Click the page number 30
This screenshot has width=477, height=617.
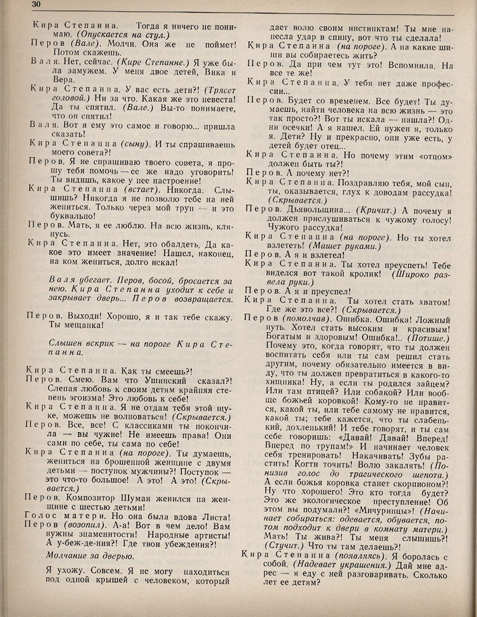tap(8, 5)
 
